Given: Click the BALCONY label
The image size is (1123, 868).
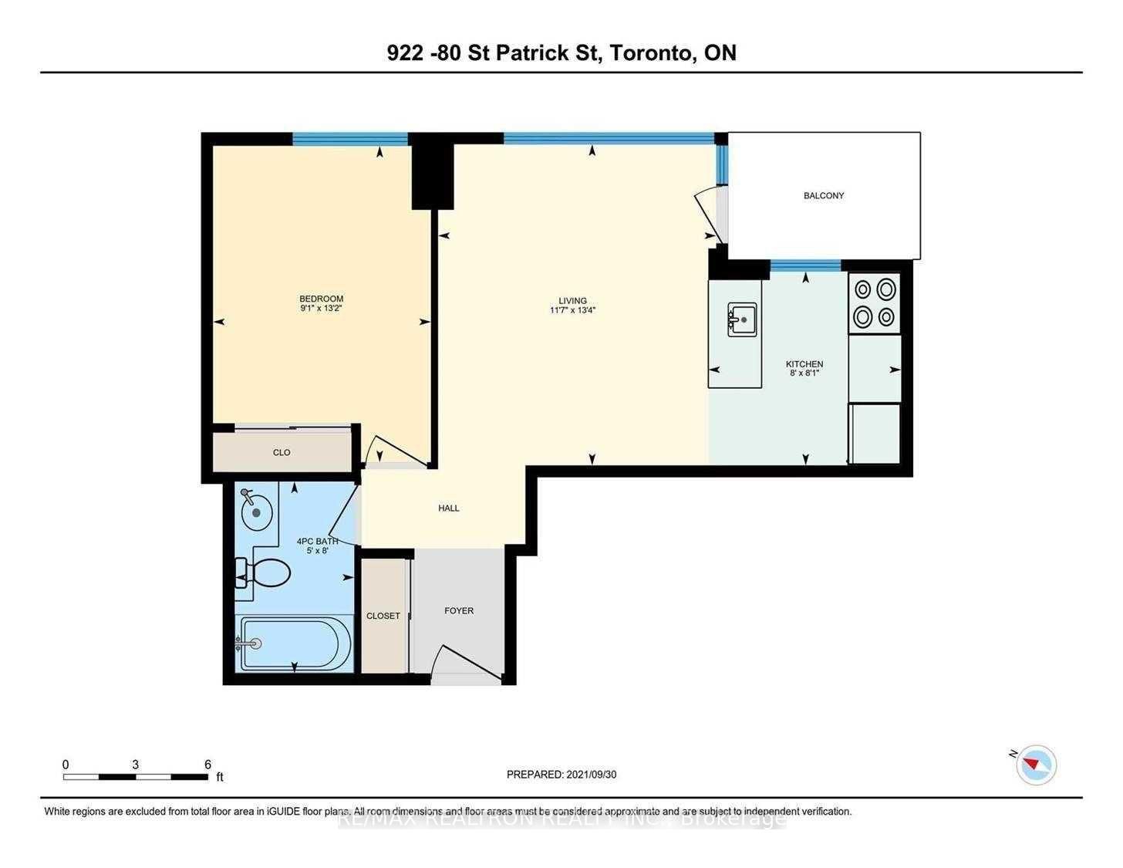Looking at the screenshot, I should tap(824, 196).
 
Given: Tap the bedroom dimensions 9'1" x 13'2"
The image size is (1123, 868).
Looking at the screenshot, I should tap(322, 309).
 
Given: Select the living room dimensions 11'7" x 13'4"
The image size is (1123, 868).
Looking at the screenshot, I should tap(572, 310).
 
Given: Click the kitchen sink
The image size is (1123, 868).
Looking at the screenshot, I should tap(742, 319).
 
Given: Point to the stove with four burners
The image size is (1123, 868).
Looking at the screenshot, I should tap(875, 303).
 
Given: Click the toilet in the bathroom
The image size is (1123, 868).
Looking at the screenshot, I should tap(266, 573).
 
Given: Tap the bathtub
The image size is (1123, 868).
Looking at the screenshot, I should tap(295, 643).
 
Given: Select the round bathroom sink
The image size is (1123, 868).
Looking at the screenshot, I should tap(256, 511).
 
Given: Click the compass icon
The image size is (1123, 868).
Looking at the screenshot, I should tap(1037, 765).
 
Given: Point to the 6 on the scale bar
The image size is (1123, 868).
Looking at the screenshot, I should tap(207, 765).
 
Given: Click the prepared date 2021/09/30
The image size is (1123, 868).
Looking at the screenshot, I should tap(591, 775).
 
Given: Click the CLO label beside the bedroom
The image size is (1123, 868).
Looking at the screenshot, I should tap(282, 452).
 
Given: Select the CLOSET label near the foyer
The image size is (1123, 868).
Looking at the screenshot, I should tap(383, 616).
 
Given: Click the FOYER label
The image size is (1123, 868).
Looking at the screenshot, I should tap(459, 610).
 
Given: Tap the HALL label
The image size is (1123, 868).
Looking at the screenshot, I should tap(449, 508).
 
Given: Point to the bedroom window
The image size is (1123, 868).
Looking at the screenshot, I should tap(350, 140).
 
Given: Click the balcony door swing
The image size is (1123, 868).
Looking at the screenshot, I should tap(708, 214).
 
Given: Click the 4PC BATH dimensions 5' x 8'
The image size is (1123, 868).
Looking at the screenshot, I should tap(317, 551).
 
